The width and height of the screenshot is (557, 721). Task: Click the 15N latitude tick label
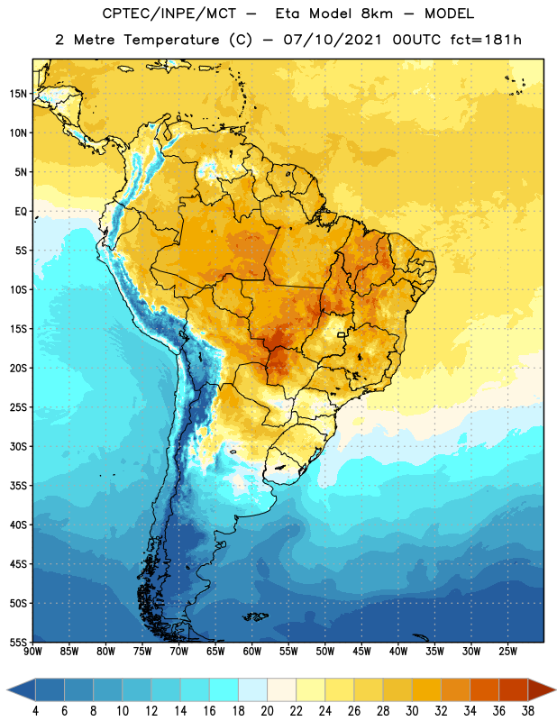[x=18, y=94]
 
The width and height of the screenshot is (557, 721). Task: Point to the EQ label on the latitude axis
[x=21, y=212]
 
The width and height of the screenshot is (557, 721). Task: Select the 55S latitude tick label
[x=18, y=642]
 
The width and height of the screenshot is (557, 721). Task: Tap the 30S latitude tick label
[x=18, y=446]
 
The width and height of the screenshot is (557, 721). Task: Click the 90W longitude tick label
[x=32, y=652]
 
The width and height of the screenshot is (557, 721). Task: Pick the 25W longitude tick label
[x=507, y=652]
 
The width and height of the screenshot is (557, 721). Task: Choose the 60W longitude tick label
[x=252, y=652]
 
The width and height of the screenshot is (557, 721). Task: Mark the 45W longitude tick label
[x=361, y=652]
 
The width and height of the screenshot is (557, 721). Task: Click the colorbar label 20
[x=267, y=711]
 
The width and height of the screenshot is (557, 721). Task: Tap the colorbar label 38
[x=528, y=711]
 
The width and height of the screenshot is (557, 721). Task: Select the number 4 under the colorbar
[x=35, y=711]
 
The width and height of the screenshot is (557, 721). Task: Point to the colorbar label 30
[x=412, y=711]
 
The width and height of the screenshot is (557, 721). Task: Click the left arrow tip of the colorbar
[x=7, y=689]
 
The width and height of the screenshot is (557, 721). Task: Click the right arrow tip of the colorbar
[x=555, y=689]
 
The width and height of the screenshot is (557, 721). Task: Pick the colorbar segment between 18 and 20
[x=252, y=689]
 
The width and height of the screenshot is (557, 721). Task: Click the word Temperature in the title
[x=171, y=40]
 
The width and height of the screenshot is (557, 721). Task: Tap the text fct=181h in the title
[x=486, y=40]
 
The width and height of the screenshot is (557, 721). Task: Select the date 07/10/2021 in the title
[x=332, y=40]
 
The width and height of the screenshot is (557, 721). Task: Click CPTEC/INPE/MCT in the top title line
[x=169, y=14]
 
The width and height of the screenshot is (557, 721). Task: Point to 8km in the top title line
[x=377, y=14]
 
